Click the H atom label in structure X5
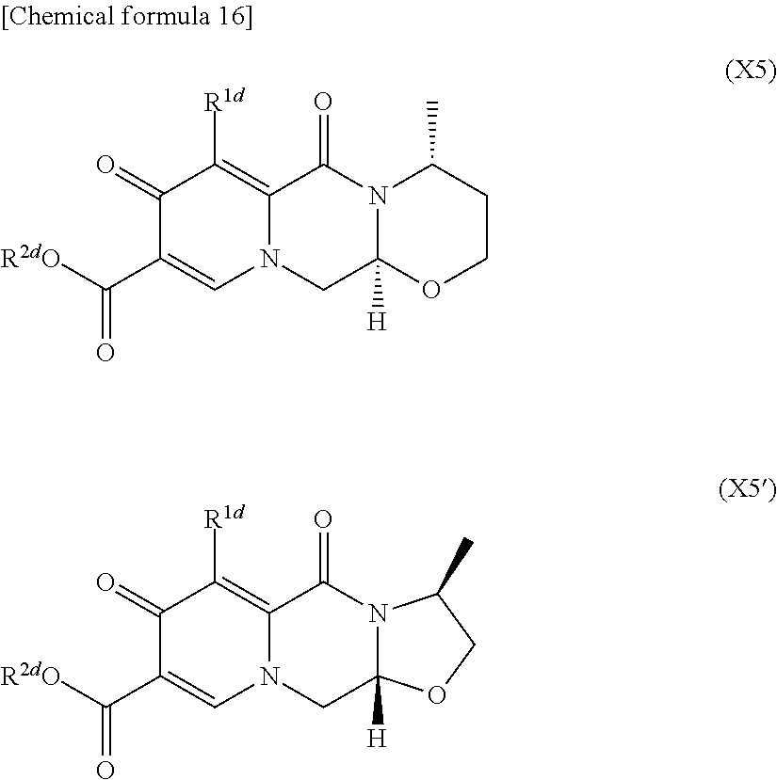pyautogui.click(x=377, y=323)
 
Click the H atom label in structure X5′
pyautogui.click(x=377, y=740)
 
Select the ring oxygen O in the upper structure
pyautogui.click(x=430, y=289)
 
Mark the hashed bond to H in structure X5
pyautogui.click(x=377, y=292)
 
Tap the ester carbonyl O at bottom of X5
pyautogui.click(x=105, y=353)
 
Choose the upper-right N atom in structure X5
pyautogui.click(x=378, y=197)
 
